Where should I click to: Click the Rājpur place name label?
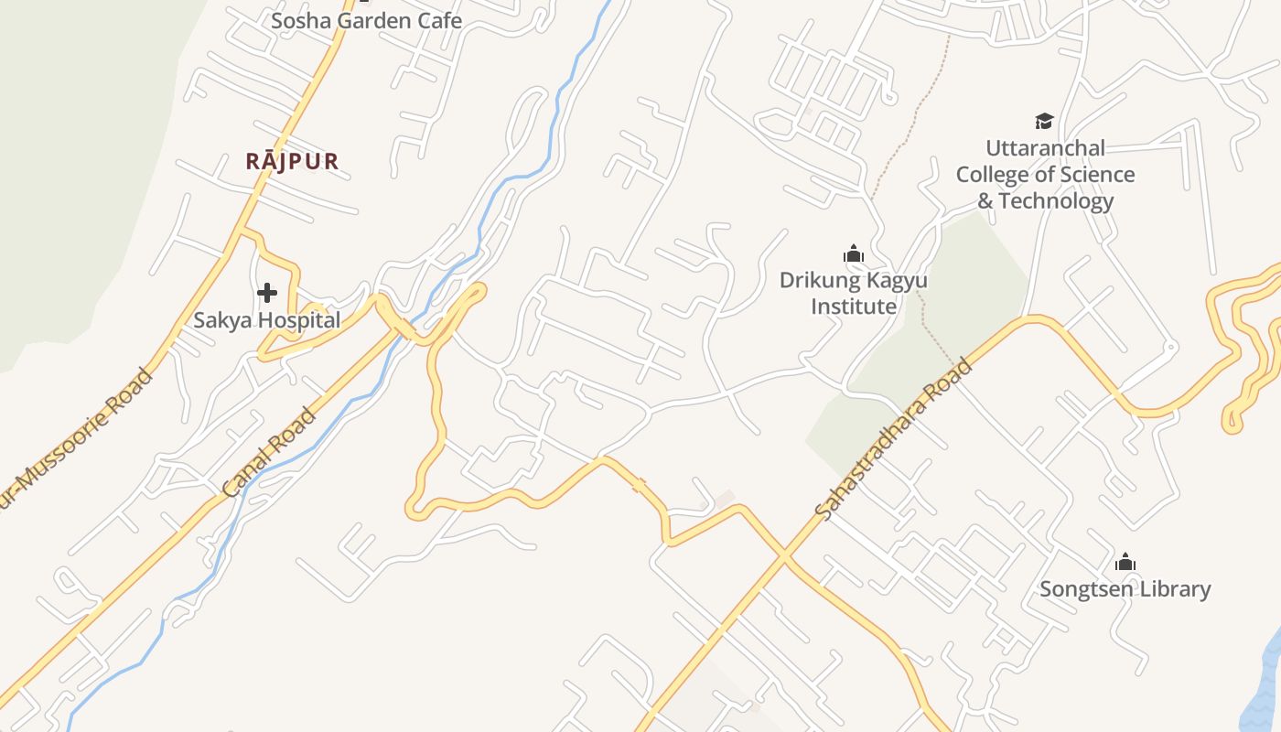pyautogui.click(x=292, y=162)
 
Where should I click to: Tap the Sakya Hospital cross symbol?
pyautogui.click(x=267, y=293)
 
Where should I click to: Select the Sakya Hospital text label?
pyautogui.click(x=266, y=320)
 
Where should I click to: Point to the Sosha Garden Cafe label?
pyautogui.click(x=366, y=20)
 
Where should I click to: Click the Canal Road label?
pyautogui.click(x=270, y=452)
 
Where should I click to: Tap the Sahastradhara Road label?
pyautogui.click(x=892, y=441)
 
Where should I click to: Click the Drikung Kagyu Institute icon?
pyautogui.click(x=854, y=253)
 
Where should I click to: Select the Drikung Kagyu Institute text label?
pyautogui.click(x=854, y=293)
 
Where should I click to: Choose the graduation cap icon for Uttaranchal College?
pyautogui.click(x=1044, y=121)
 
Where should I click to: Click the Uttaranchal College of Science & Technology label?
pyautogui.click(x=1045, y=174)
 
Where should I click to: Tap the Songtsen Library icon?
pyautogui.click(x=1125, y=562)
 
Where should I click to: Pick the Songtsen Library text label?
pyautogui.click(x=1125, y=589)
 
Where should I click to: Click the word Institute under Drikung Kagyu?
pyautogui.click(x=854, y=307)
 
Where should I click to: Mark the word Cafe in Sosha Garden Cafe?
pyautogui.click(x=440, y=20)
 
